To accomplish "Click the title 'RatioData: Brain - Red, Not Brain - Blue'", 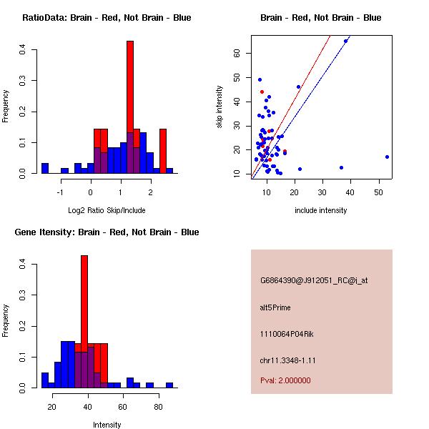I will [107, 18].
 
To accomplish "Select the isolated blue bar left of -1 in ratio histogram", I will [44, 169].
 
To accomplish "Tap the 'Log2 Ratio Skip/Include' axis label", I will [107, 210].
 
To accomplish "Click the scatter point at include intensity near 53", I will [387, 157].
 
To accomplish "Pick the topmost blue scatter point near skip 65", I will [346, 41].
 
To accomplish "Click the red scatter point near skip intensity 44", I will [262, 92].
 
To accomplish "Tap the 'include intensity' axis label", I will [320, 210].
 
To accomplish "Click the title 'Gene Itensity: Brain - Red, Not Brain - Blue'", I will [107, 232].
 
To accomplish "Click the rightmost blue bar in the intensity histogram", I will [169, 385].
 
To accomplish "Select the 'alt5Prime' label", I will [275, 307].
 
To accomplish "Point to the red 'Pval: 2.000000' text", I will [285, 380].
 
